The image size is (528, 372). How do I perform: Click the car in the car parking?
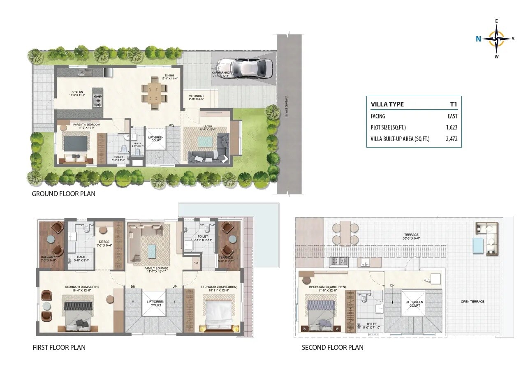click(x=244, y=68)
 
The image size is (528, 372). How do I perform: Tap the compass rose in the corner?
click(x=496, y=39)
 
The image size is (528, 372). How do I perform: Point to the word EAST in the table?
click(x=452, y=116)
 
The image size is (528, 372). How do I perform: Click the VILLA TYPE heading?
click(x=387, y=104)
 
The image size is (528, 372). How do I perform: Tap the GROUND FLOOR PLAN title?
click(x=63, y=194)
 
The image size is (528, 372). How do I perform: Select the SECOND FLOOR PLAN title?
click(x=332, y=347)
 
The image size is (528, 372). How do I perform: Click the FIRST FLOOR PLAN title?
click(x=59, y=347)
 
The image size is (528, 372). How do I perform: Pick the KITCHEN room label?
click(x=77, y=92)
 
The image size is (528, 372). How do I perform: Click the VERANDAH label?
click(x=196, y=97)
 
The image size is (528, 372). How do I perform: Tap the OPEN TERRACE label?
click(x=472, y=302)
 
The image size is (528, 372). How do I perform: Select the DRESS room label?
click(x=104, y=242)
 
